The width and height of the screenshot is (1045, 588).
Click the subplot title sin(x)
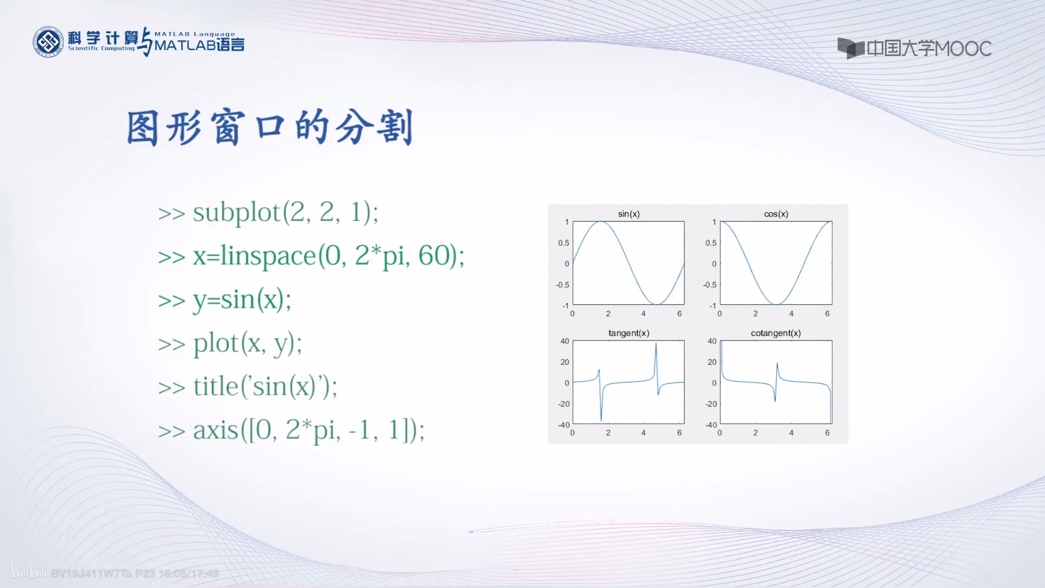(629, 214)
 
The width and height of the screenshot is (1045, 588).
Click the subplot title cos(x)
(776, 214)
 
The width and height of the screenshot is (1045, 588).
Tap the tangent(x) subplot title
(629, 333)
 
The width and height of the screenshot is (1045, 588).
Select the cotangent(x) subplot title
(776, 333)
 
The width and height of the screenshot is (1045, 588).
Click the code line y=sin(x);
(242, 300)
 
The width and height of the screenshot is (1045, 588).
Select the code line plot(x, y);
(247, 344)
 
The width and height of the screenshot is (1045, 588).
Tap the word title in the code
(216, 386)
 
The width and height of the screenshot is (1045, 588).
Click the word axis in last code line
(216, 430)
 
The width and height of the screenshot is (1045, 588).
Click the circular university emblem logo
(48, 42)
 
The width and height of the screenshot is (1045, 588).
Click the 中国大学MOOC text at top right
(929, 48)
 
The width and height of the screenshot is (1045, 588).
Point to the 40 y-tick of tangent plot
(564, 341)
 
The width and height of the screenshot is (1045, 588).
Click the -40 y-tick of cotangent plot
(711, 425)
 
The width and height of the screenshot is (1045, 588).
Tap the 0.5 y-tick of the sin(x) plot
(563, 242)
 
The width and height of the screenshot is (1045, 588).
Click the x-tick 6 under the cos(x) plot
(827, 313)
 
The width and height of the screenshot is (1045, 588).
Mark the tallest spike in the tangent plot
(656, 345)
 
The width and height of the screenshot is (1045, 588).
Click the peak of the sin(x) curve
(602, 222)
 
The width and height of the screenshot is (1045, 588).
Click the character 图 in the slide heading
(142, 129)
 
